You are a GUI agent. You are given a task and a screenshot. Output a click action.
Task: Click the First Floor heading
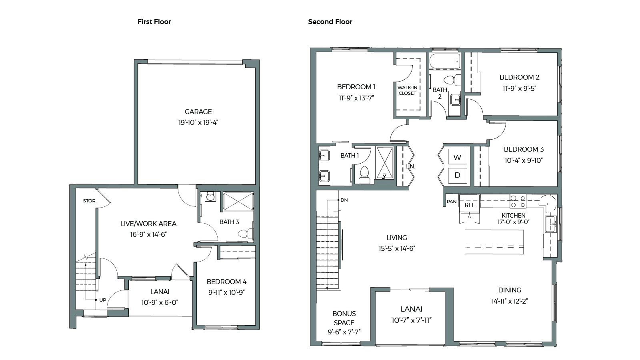click(x=154, y=22)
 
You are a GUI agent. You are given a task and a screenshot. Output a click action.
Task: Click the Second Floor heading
click(x=330, y=22)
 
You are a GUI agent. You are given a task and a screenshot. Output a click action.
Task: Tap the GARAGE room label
click(x=198, y=112)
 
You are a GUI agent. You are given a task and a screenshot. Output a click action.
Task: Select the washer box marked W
click(x=457, y=157)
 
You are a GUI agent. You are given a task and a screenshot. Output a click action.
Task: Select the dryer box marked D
click(x=457, y=175)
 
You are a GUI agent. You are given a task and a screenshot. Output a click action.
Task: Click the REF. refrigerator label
click(x=470, y=205)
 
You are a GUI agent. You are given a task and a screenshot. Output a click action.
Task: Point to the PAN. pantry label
click(x=452, y=202)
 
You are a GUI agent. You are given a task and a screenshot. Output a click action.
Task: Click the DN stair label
click(x=344, y=200)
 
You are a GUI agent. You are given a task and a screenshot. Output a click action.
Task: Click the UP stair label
click(x=103, y=300)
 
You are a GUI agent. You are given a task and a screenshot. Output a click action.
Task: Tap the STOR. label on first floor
click(x=90, y=201)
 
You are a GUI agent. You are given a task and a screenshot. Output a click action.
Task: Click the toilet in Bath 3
click(x=248, y=233)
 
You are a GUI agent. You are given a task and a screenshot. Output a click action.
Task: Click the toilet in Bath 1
click(x=364, y=174)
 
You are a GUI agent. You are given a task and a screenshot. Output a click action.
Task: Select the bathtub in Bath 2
click(x=445, y=62)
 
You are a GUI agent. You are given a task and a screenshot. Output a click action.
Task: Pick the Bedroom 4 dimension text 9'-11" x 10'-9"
click(x=226, y=292)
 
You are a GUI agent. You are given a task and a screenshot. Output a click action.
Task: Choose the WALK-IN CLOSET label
click(x=407, y=90)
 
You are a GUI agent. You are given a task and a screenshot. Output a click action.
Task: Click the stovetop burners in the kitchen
click(x=518, y=201)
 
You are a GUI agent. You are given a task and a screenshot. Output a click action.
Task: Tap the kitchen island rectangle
click(x=494, y=242)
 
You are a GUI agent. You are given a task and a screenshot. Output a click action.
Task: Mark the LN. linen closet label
click(x=410, y=166)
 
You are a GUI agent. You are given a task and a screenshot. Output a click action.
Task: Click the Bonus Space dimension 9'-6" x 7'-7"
click(x=344, y=332)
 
